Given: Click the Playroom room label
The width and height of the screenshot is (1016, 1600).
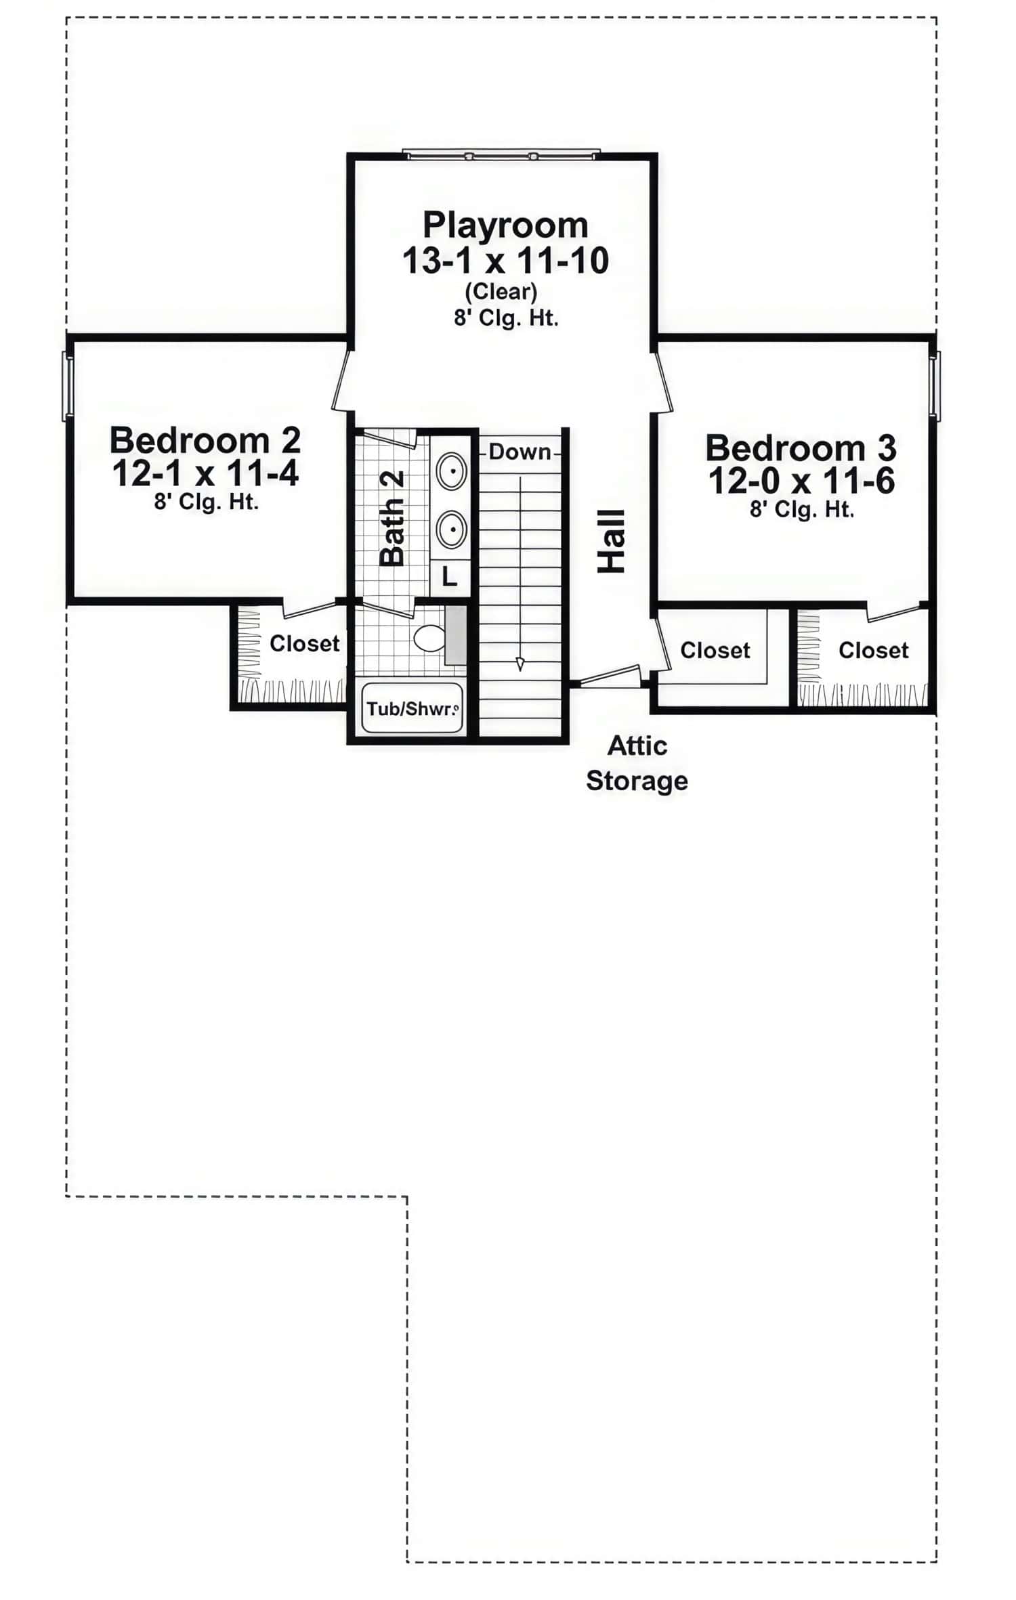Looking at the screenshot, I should (x=505, y=225).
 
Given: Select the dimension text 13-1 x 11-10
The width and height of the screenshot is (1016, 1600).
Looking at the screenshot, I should (x=505, y=261).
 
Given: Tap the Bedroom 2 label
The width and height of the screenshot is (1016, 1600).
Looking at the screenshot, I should (x=205, y=441).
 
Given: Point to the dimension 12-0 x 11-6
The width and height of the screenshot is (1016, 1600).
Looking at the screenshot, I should (x=801, y=481).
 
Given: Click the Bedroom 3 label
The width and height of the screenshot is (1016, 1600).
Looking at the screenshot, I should (x=801, y=448).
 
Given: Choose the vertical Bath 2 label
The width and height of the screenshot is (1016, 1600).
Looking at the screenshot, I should (x=393, y=518).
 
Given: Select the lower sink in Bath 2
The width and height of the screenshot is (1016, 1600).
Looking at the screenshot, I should (x=450, y=529).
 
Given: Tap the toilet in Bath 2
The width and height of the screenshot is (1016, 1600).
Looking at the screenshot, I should (x=429, y=638).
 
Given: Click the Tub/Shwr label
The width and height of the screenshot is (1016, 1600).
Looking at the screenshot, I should (x=412, y=709).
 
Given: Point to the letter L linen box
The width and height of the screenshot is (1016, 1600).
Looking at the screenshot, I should (x=450, y=577).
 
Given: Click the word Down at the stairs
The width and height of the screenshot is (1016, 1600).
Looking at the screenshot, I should (x=520, y=452).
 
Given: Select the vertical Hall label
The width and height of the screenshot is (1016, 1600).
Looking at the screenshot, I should (x=611, y=541).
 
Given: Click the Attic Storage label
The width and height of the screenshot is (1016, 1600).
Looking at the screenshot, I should (x=637, y=763).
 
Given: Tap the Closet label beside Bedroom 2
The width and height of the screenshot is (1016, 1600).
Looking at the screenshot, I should (x=304, y=643).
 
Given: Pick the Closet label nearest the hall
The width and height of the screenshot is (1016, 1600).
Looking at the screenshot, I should (x=715, y=650).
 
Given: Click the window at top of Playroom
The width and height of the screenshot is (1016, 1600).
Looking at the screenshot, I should (x=501, y=155).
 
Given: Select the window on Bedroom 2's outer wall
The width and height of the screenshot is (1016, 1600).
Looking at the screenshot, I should (x=67, y=386).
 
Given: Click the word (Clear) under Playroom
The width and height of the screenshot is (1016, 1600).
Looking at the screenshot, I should (x=501, y=291).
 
